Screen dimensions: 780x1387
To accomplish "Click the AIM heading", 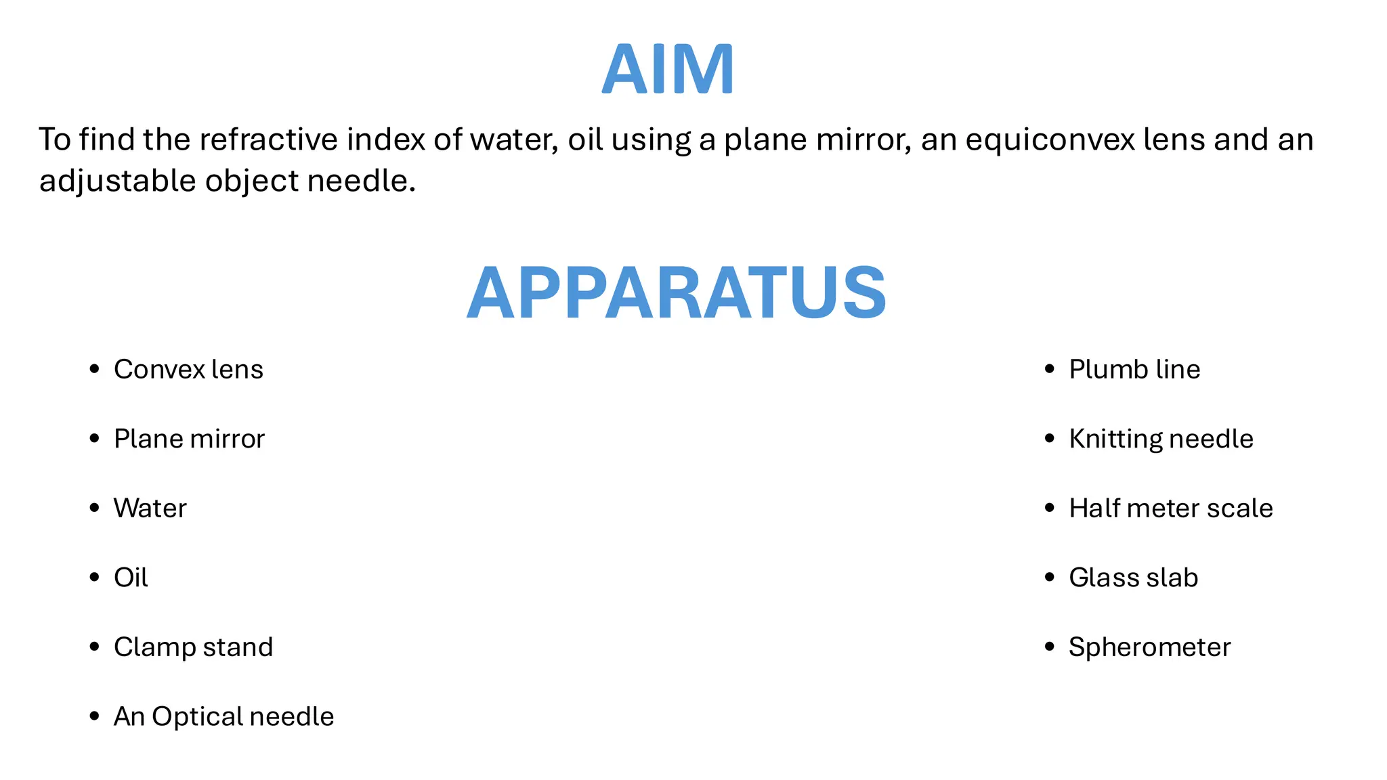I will [x=668, y=70].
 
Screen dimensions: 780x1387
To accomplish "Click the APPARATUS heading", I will [x=677, y=292].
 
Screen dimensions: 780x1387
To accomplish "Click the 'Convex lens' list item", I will [x=188, y=370].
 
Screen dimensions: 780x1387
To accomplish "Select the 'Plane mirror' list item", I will [x=189, y=439].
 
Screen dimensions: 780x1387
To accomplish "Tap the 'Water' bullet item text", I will [x=150, y=508].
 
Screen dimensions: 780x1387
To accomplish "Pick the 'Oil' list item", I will [x=131, y=578].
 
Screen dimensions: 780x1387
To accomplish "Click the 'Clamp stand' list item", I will [x=193, y=647].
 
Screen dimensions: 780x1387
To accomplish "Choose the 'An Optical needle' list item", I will [x=223, y=716].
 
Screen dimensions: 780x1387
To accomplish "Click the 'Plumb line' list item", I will [x=1134, y=370].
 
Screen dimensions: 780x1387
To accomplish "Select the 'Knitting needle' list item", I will [x=1161, y=439].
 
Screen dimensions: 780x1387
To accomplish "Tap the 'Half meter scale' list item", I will [x=1171, y=508].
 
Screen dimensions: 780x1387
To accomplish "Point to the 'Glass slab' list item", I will [x=1133, y=578].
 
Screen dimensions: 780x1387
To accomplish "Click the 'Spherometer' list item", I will [x=1149, y=647].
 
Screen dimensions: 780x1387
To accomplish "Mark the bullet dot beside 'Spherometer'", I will [x=1050, y=647].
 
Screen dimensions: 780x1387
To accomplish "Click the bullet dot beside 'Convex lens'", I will [x=95, y=369].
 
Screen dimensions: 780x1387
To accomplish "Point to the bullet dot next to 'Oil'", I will [x=95, y=578].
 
